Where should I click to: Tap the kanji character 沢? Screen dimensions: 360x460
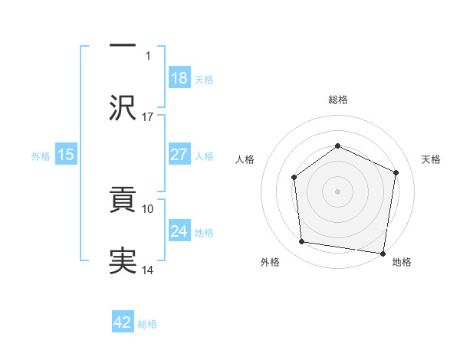pos(123,106)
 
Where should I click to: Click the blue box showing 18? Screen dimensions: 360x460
pos(179,78)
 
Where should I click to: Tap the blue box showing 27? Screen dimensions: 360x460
pos(179,155)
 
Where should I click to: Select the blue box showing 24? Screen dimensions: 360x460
pos(179,231)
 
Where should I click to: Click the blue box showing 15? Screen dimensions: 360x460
pos(65,155)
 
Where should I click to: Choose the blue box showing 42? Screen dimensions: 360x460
pos(123,322)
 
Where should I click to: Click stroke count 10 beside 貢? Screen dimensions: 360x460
pos(148,208)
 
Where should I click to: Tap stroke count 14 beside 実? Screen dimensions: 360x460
pos(148,270)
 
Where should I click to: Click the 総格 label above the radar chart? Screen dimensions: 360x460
pos(338,100)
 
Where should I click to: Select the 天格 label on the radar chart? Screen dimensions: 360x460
pos(432,159)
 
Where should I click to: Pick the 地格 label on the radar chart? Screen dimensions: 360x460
pos(402,262)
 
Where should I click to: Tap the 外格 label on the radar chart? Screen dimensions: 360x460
pos(270,262)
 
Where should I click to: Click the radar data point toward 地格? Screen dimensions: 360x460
pos(383,252)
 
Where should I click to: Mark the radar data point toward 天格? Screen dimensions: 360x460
pos(396,172)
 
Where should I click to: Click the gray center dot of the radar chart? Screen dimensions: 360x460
pos(338,191)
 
